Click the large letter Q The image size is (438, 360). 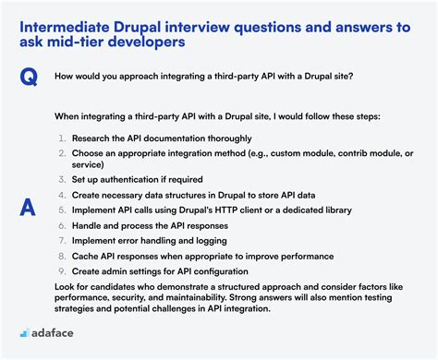(30, 78)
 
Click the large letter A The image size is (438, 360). (29, 209)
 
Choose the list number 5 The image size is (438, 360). (61, 210)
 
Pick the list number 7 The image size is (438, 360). (61, 240)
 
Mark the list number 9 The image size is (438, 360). (61, 270)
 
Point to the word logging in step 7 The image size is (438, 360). (213, 240)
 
